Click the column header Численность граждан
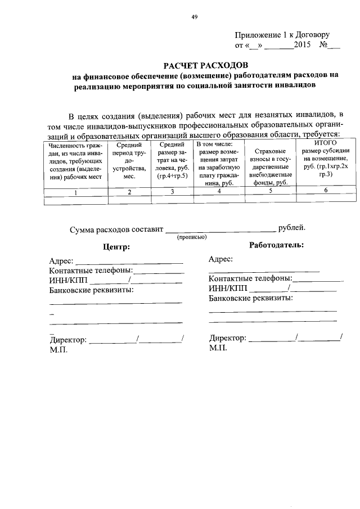75,161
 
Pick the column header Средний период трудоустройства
129,161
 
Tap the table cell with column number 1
75,192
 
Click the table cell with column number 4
219,192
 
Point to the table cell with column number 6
325,190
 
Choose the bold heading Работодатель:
276,245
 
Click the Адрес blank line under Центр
129,262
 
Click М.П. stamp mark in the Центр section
58,349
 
